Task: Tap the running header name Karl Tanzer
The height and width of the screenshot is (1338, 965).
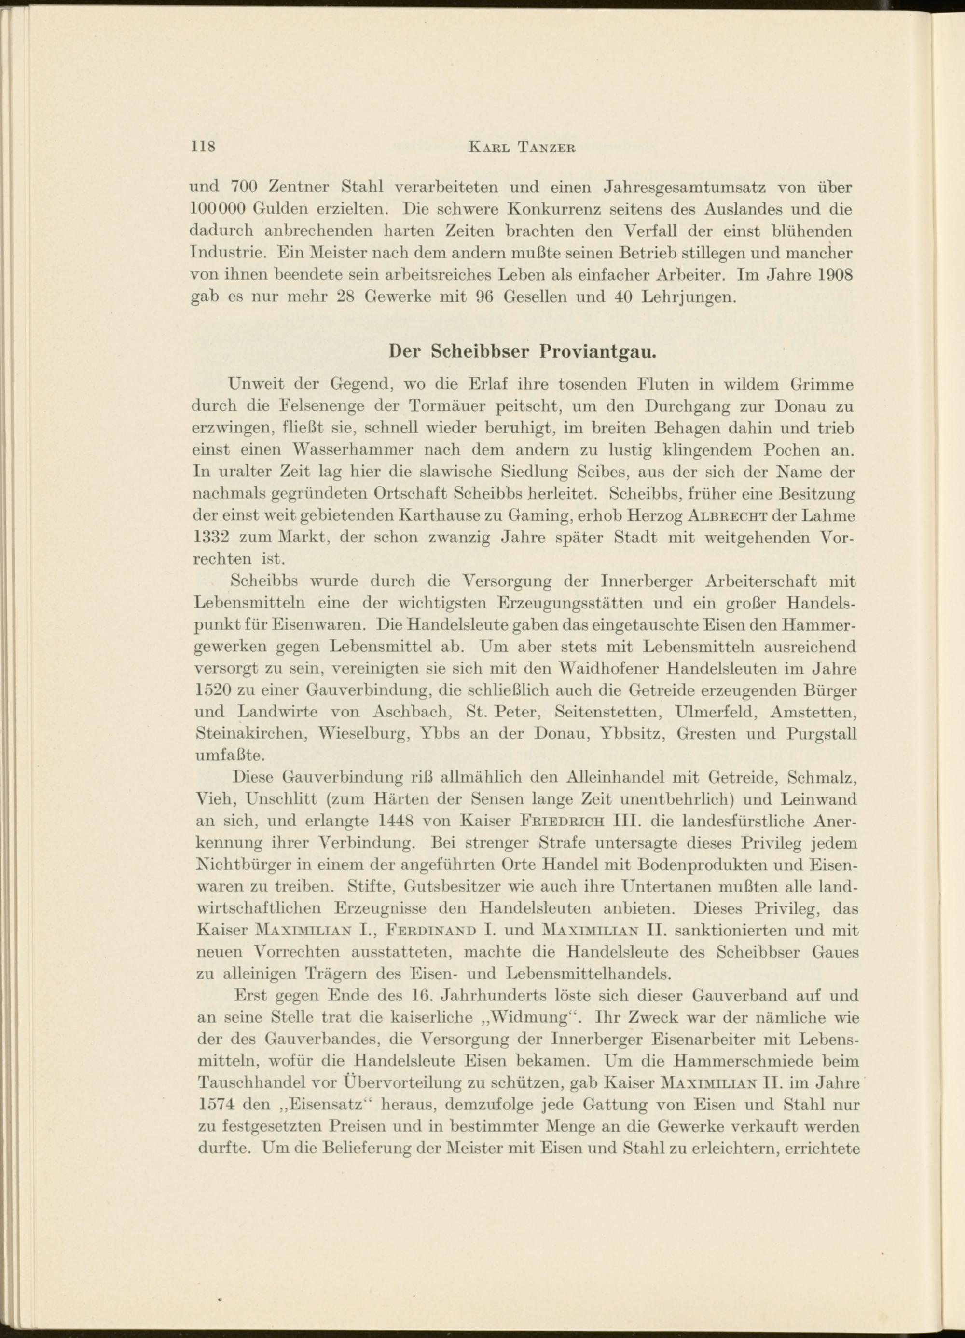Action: point(521,148)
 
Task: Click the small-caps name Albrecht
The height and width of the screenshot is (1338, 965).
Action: point(728,515)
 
